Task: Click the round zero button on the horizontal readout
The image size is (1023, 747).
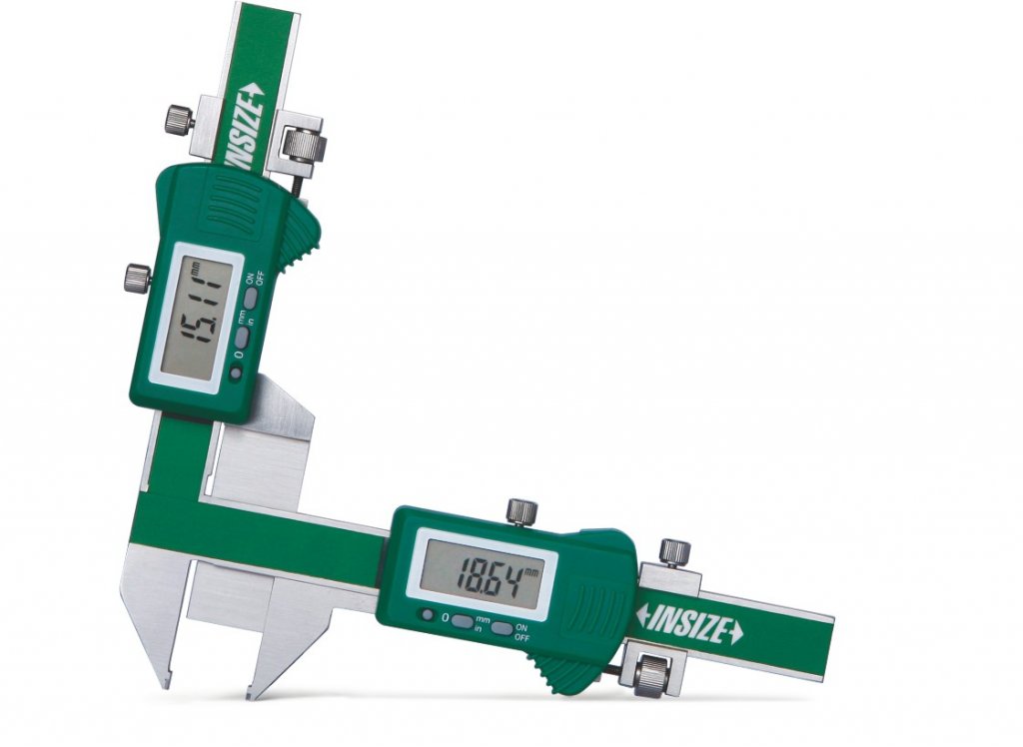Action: point(428,614)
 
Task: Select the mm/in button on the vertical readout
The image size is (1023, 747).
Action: point(242,337)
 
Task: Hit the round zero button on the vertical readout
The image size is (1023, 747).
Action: point(236,373)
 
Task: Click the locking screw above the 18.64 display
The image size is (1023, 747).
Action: point(521,510)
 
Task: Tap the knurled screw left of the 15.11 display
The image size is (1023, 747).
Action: point(138,276)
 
